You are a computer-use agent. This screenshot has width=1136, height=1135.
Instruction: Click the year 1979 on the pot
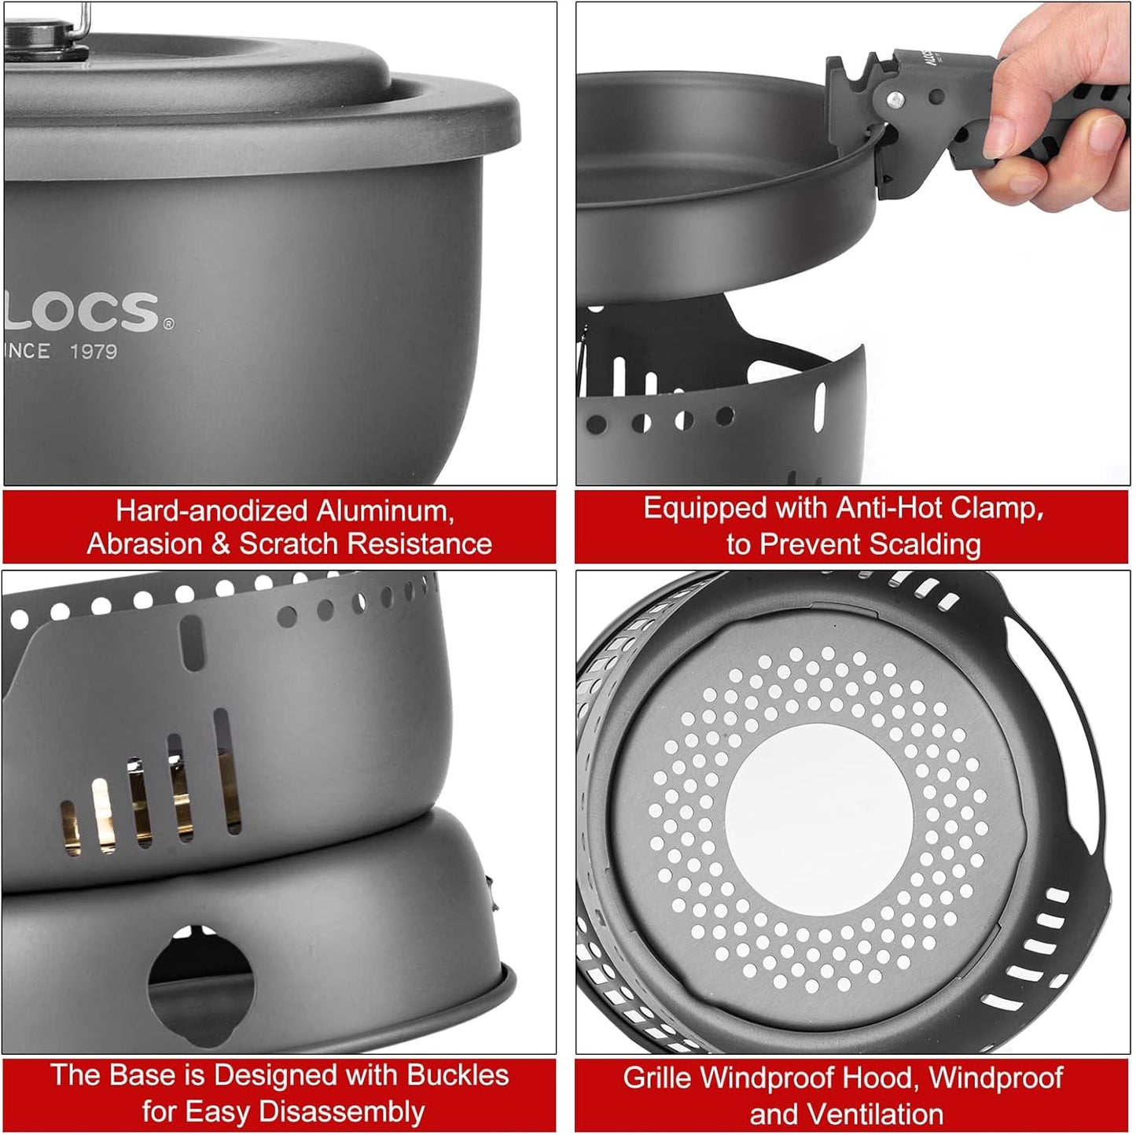(94, 352)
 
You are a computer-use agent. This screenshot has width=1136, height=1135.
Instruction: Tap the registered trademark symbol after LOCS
(168, 323)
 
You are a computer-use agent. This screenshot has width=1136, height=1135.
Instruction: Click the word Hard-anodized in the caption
(212, 511)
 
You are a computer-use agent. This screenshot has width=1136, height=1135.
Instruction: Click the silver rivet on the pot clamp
(895, 100)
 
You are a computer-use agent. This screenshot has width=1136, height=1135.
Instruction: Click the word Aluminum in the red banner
(385, 511)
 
